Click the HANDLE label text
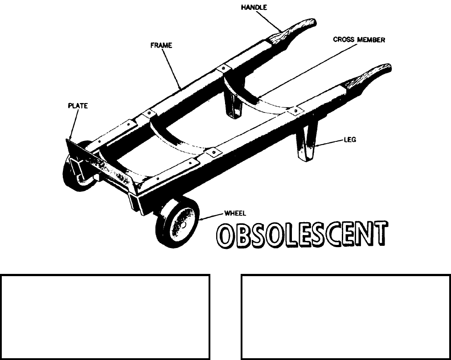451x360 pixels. click(x=254, y=8)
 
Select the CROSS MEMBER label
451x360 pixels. click(x=359, y=40)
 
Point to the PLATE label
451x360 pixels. click(x=78, y=106)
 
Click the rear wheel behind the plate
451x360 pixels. click(x=76, y=174)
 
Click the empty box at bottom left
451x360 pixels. click(x=105, y=317)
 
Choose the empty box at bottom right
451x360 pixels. click(x=345, y=317)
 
